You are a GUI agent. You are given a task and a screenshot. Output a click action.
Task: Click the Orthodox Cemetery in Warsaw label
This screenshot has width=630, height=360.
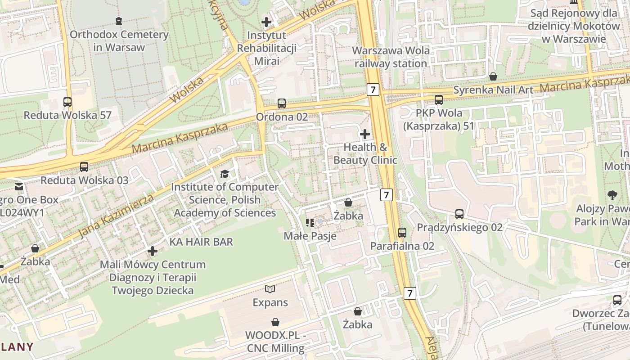tap(119, 40)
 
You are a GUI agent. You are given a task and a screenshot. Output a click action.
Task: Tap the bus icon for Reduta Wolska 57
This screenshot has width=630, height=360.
tap(67, 102)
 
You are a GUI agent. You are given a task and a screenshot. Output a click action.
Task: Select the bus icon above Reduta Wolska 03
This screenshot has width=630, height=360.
tap(84, 167)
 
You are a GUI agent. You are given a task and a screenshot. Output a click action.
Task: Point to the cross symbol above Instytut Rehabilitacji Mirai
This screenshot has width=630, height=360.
tap(266, 22)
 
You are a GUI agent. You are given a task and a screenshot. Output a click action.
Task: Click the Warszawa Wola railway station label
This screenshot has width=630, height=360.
tap(391, 57)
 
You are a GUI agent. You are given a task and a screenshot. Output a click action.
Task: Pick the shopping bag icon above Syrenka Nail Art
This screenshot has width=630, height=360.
tap(493, 76)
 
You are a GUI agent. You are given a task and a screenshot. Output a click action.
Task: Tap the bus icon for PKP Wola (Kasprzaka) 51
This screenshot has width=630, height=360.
tap(438, 100)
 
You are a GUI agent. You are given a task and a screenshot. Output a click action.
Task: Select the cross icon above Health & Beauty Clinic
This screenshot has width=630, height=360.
tap(365, 134)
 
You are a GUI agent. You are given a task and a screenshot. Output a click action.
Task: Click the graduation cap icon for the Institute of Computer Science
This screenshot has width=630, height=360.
tap(225, 174)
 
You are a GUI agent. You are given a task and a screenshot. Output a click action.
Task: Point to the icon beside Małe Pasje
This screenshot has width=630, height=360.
tap(310, 222)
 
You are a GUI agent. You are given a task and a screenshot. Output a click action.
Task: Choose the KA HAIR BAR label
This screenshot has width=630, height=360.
tap(201, 242)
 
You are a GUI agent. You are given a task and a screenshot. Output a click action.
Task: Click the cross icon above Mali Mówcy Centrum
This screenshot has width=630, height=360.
tap(153, 251)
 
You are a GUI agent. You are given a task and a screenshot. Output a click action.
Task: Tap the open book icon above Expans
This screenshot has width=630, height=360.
tap(270, 289)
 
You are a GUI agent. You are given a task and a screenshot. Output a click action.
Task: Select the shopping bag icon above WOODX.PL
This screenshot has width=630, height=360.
tap(275, 322)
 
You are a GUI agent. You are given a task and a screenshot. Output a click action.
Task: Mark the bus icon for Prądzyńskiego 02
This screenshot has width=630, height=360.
tap(459, 214)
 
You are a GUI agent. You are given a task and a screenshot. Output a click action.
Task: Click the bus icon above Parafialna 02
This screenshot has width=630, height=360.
tap(402, 233)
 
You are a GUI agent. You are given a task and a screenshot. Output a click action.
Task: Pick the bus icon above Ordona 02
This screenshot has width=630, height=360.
tap(282, 103)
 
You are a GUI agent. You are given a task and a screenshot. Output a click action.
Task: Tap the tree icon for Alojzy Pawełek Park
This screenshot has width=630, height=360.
tap(612, 195)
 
